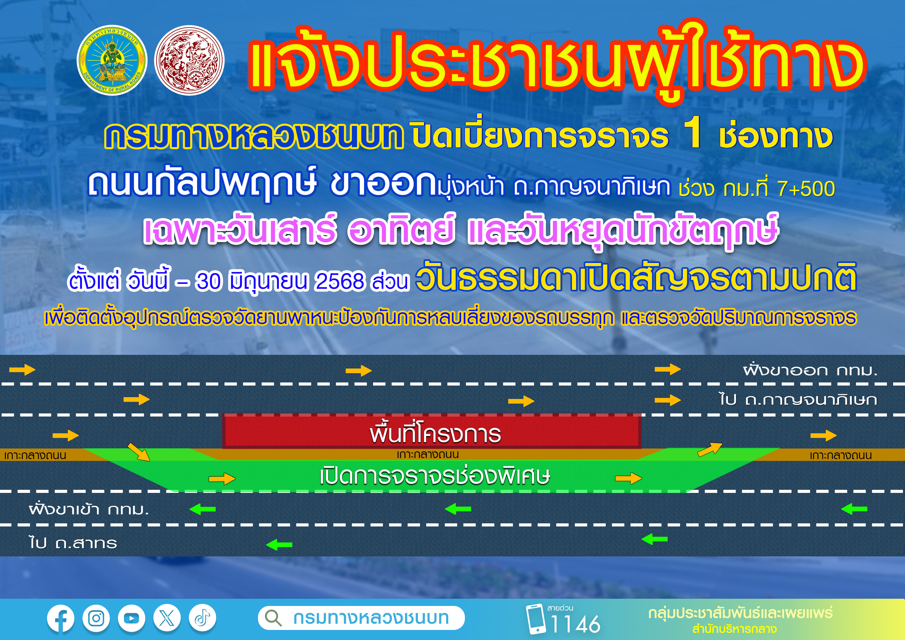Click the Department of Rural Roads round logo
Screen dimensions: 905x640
pos(111,60)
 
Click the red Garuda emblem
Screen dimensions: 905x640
pos(189,60)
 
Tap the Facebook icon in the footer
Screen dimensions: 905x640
pos(60,618)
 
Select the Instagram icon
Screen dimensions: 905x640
pos(96,618)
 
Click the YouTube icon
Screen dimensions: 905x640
pos(131,618)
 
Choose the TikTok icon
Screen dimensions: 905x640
pos(202,618)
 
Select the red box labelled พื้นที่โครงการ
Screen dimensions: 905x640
pos(432,431)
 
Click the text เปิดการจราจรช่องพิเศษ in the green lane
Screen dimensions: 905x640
pos(435,476)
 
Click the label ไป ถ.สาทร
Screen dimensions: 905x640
pos(73,543)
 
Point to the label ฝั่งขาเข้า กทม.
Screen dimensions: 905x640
pos(89,509)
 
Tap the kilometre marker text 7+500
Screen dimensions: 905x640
pos(806,188)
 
